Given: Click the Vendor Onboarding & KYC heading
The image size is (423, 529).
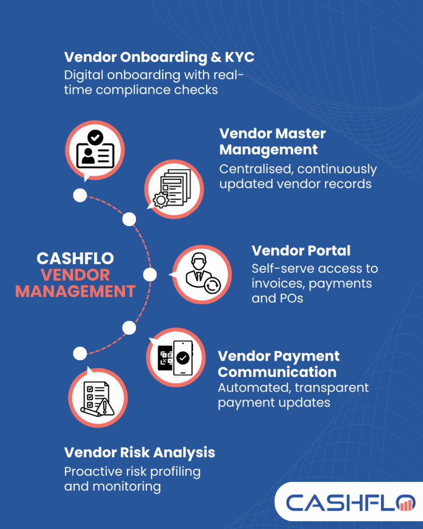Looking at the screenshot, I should tap(159, 57).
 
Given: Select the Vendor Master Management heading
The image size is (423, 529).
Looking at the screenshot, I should tap(272, 141).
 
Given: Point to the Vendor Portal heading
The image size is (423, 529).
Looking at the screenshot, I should tap(301, 251).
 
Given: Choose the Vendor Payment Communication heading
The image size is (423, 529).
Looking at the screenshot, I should tap(278, 364).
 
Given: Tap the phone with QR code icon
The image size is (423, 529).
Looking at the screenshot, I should tap(174, 358).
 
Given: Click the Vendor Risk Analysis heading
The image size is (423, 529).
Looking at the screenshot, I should tap(139, 453).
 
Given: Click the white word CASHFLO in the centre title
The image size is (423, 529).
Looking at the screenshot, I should tap(75, 258).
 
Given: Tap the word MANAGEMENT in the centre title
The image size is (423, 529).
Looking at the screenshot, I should tap(75, 291).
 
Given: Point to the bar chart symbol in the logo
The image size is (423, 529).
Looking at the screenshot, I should tap(408, 503).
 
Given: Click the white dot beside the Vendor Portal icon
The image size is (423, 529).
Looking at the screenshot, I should tap(150, 274).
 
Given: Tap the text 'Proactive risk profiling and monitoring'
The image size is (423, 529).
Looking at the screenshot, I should tap(132, 478).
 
